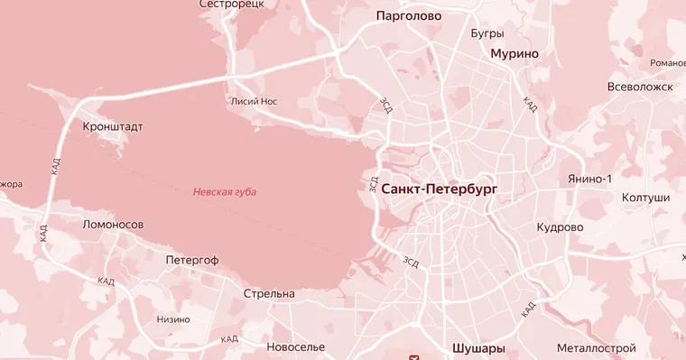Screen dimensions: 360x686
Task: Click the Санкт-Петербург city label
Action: pos(440,189)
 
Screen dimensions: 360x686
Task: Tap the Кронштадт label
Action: pos(112,127)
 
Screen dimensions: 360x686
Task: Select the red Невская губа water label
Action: pos(225,192)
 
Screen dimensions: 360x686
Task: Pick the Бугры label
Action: pos(487,33)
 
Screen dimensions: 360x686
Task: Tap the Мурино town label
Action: pos(514,53)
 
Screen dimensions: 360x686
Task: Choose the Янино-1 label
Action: pos(590,179)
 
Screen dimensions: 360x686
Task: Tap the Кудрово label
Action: pos(560,227)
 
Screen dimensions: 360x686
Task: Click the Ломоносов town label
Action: pos(113,224)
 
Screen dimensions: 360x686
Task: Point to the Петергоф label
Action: pos(192,260)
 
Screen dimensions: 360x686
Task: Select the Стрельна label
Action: pos(269,294)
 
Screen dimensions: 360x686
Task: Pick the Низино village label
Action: pos(173,319)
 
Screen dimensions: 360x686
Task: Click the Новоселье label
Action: pos(296,346)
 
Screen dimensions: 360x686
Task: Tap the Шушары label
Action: pos(477,347)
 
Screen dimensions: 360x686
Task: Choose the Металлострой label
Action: pos(596,347)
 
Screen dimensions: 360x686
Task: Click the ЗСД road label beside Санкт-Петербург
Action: pos(374,184)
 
